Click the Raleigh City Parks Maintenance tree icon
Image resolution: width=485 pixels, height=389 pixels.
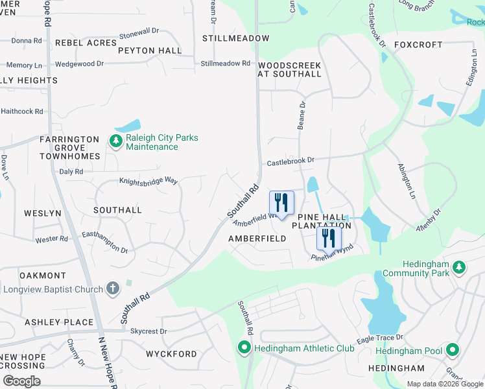coord(116,141)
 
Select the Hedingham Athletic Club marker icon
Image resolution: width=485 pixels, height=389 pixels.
coord(244,349)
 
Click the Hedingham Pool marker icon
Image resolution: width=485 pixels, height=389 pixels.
coord(453,351)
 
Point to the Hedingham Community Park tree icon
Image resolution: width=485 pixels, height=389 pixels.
coord(459,266)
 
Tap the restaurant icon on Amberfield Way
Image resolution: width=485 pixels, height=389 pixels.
coord(281,203)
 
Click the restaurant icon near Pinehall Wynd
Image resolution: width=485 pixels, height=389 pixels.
coord(329,238)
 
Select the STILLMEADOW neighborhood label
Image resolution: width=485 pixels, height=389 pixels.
coord(235,38)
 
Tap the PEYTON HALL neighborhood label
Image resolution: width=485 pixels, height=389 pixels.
coord(150,51)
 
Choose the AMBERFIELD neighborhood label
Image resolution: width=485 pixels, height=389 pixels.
coord(257,239)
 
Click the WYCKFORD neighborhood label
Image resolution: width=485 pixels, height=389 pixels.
coord(171,354)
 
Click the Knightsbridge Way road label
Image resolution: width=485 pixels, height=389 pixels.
coord(148,181)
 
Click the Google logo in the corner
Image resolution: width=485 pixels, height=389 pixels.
coord(21,381)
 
